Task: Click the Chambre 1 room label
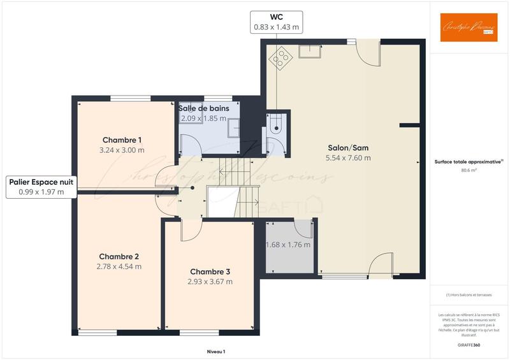pos(122,140)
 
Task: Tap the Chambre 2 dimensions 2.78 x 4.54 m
pos(119,266)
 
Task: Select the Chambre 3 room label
pos(210,271)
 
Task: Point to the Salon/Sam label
pos(348,147)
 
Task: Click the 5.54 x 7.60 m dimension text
pos(348,158)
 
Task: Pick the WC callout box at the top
pos(276,22)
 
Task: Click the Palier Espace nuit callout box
pos(41,187)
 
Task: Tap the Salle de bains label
pos(204,109)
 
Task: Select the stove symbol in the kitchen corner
pos(279,57)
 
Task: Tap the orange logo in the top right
pos(469,27)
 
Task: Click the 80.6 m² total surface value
pos(469,171)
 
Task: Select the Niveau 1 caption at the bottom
pos(216,352)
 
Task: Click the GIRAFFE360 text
pos(469,344)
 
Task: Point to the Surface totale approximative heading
pos(469,162)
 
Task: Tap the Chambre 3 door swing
pos(190,231)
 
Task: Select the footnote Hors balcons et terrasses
pos(469,296)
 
